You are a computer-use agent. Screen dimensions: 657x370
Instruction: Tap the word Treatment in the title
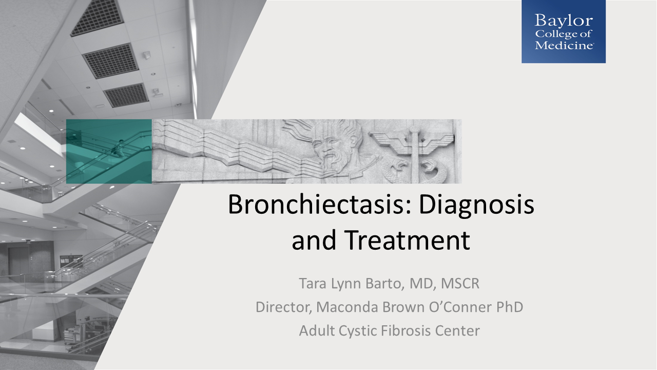(x=407, y=240)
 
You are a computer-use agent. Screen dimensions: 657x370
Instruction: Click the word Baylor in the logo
(x=564, y=21)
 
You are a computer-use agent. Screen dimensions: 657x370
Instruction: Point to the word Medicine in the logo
(x=564, y=45)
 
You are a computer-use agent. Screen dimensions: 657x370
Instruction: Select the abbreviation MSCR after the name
(x=460, y=284)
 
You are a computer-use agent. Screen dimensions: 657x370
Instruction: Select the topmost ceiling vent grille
(x=97, y=17)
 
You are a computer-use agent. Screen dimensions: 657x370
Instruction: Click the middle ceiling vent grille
(x=110, y=61)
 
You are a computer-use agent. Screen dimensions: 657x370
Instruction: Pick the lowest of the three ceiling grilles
(x=126, y=95)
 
